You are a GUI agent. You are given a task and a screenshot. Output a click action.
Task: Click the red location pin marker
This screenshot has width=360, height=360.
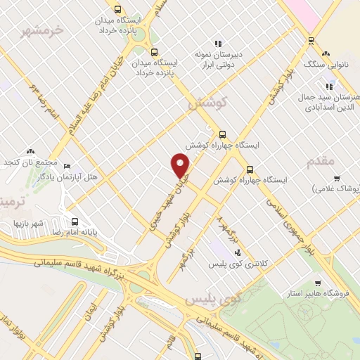pos(181,165)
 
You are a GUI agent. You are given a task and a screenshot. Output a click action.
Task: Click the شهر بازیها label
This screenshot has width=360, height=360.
pos(28,223)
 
